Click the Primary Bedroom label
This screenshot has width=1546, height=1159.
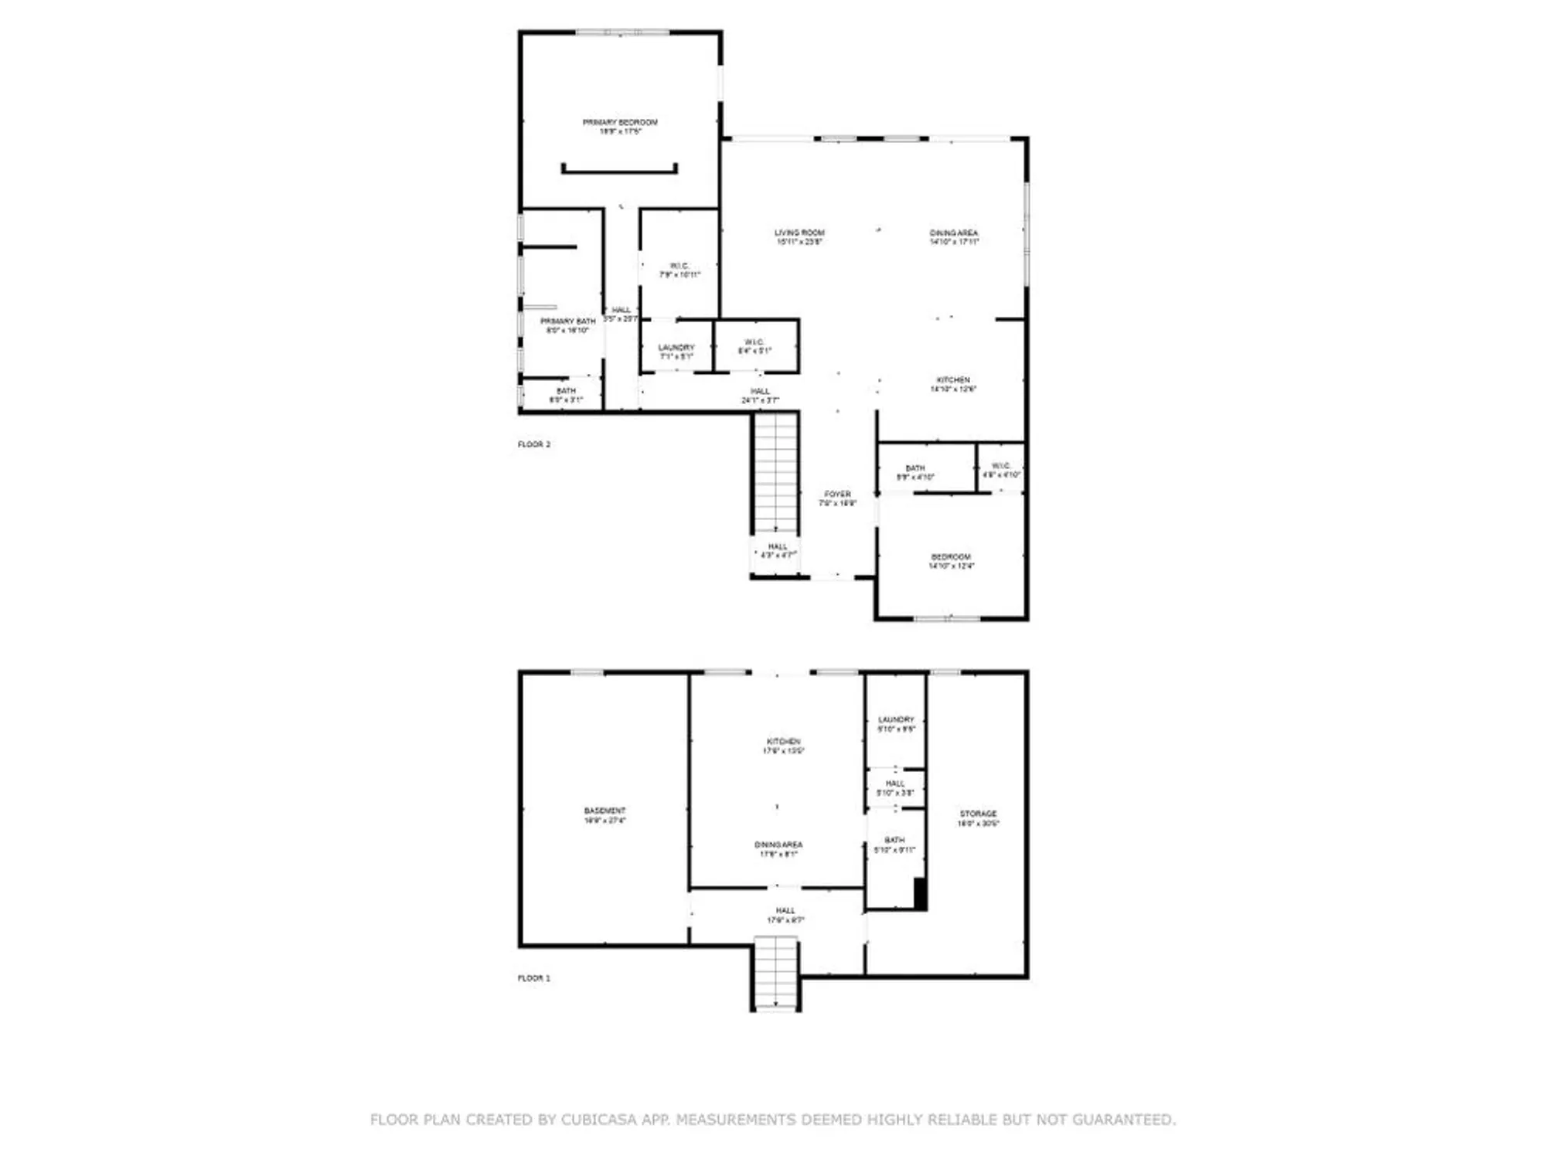coord(620,127)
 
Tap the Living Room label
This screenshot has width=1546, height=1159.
coord(799,236)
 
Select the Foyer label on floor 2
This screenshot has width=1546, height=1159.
coord(837,498)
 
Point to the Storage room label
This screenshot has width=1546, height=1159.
coord(978,818)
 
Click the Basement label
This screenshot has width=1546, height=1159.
coord(604,815)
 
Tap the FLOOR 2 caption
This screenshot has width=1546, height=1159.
coord(534,444)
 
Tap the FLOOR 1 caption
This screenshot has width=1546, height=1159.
coord(534,978)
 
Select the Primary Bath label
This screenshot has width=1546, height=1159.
coord(567,325)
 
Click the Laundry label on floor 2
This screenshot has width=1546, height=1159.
coord(676,352)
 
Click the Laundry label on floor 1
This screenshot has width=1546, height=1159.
coord(896,724)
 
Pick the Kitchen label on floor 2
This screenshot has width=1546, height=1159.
coord(953,384)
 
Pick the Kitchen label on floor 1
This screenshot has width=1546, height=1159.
coord(783,746)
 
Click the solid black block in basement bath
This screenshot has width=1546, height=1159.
coord(920,893)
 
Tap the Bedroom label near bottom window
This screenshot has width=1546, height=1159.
coord(951,561)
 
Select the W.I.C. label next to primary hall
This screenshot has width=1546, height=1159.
coord(679,270)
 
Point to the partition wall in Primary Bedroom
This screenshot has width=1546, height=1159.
coord(619,171)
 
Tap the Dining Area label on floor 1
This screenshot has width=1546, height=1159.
coord(778,849)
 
